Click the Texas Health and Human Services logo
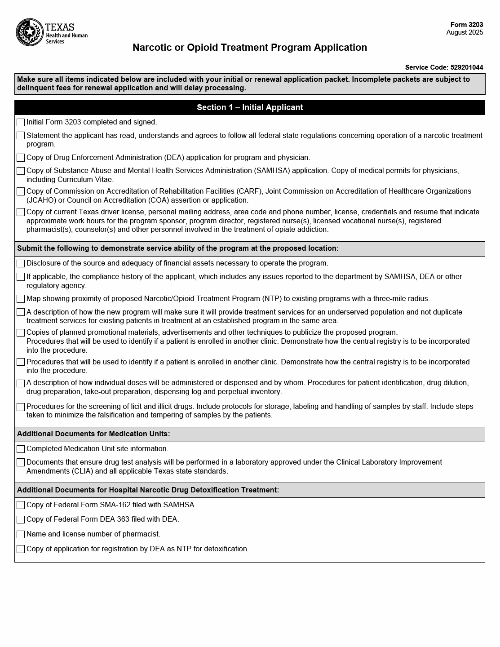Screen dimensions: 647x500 pos(52,32)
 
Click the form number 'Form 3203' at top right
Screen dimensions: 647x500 pos(467,25)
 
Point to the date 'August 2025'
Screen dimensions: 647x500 pos(465,32)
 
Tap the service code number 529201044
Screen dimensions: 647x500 pos(467,67)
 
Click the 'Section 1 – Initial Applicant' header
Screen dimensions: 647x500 pos(250,107)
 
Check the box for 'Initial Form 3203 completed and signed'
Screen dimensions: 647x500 pos(21,122)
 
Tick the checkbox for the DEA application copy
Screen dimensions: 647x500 pos(21,158)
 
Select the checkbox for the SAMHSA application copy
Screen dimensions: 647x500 pos(21,171)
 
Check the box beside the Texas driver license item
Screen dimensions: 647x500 pos(21,212)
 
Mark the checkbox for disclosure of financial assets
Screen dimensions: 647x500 pos(21,263)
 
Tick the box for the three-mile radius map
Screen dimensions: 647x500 pos(21,299)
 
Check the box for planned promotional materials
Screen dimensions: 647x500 pos(21,333)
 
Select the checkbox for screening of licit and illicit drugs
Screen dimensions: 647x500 pos(21,407)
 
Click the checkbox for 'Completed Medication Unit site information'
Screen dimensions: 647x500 pos(21,449)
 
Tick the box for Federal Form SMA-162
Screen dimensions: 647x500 pos(21,505)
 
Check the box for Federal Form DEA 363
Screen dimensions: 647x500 pos(21,519)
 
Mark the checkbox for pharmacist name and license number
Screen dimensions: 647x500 pos(21,534)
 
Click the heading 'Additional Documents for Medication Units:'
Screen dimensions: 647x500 pos(93,434)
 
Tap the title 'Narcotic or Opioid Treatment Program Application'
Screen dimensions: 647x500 pos(250,48)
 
